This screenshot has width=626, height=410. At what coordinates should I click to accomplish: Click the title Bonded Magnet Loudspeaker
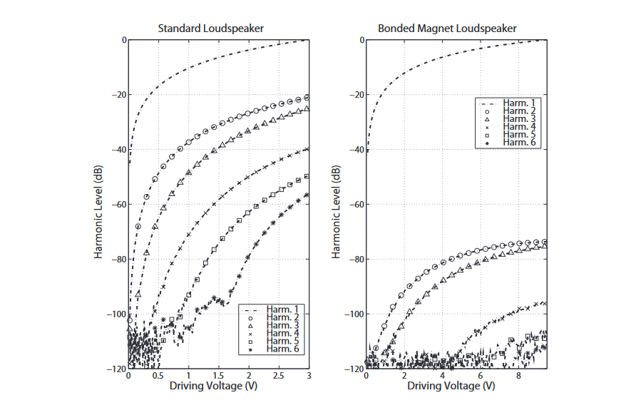click(447, 29)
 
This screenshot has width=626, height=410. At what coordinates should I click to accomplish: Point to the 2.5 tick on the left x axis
click(278, 376)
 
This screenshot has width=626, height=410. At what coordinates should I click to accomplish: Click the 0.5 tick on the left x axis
click(158, 376)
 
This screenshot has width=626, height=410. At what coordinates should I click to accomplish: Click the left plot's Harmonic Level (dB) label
click(99, 205)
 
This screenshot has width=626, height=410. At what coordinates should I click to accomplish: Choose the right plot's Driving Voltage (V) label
click(447, 386)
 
